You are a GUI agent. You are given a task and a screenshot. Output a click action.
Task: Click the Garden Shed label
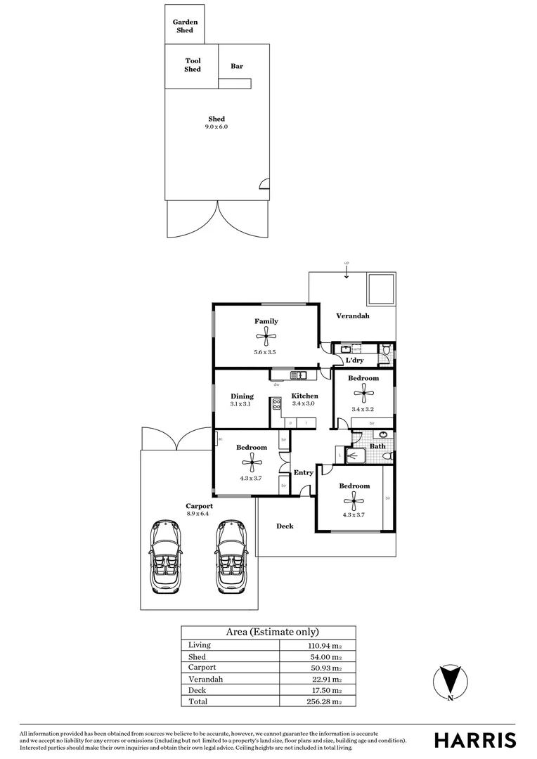point(186,26)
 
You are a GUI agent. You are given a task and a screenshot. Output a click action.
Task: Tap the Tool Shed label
point(193,65)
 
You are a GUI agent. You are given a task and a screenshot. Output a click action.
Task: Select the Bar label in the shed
point(237,66)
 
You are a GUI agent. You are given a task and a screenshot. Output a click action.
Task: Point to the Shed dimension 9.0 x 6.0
point(216,127)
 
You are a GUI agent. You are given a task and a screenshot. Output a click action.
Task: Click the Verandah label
point(352,316)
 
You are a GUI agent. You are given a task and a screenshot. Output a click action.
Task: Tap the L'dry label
point(354,361)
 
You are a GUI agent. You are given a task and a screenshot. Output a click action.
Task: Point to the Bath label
point(377,446)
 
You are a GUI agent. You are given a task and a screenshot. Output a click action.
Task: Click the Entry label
point(303,472)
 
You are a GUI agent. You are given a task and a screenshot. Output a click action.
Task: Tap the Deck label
point(285,526)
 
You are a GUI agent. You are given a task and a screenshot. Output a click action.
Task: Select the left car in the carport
point(164,557)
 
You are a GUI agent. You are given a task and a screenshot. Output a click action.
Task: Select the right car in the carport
point(230,557)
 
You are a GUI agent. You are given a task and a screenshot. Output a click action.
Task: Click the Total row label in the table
point(197,701)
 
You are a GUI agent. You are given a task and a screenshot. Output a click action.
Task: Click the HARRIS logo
point(474,740)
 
